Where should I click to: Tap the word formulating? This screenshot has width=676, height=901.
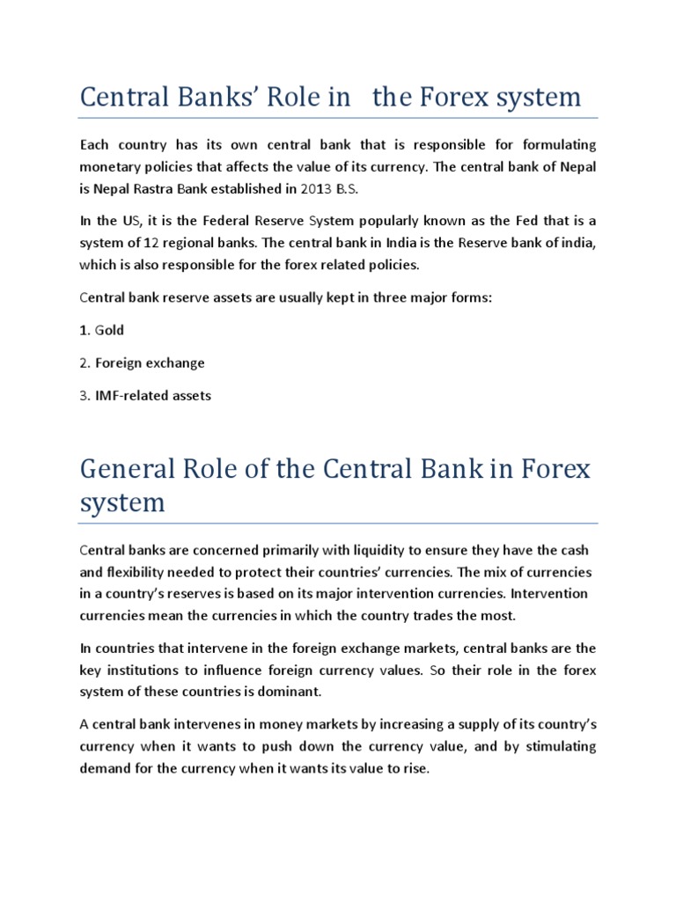555,143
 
